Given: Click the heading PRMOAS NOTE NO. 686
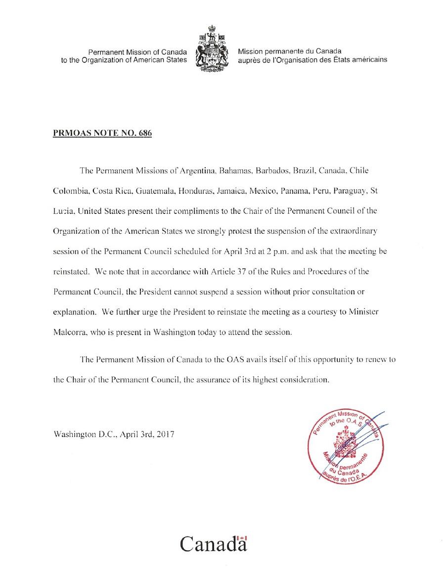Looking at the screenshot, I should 102,133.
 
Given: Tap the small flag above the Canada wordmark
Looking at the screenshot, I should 242,537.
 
